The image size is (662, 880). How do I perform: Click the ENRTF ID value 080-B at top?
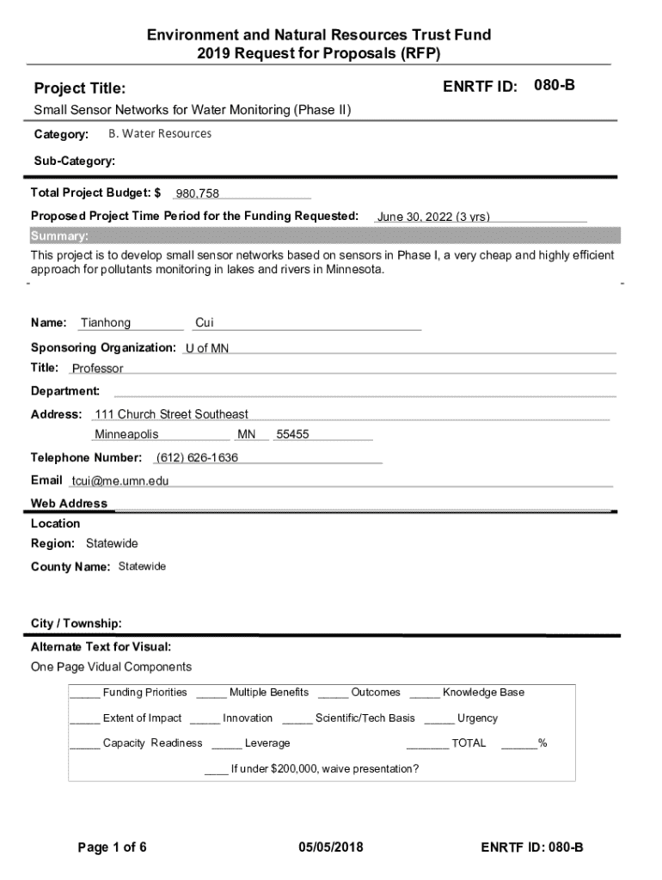click(x=555, y=86)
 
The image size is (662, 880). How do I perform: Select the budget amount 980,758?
click(x=198, y=193)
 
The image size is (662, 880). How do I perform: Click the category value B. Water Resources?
click(x=160, y=134)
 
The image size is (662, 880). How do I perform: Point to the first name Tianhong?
click(x=106, y=323)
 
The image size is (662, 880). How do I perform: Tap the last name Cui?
click(x=205, y=323)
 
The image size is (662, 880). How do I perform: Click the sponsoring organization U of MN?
click(x=207, y=348)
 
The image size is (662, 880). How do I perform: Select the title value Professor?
click(x=97, y=369)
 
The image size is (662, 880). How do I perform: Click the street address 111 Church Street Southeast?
click(x=171, y=414)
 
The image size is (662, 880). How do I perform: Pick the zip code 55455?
click(x=292, y=435)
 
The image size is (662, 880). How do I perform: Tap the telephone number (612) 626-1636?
click(x=197, y=457)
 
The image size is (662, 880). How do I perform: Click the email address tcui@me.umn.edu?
click(x=120, y=480)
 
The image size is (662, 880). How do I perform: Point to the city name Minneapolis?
click(x=126, y=435)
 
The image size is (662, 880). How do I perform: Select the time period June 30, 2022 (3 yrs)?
click(x=433, y=217)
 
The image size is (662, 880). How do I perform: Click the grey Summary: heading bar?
click(x=323, y=236)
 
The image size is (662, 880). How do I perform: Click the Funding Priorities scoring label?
click(x=144, y=693)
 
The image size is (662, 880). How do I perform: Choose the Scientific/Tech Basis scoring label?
click(x=365, y=718)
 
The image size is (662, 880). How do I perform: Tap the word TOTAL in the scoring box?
click(x=469, y=743)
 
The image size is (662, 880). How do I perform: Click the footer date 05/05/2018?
click(x=331, y=847)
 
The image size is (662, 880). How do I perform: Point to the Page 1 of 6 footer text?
click(x=112, y=847)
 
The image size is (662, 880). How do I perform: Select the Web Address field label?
click(x=70, y=504)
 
